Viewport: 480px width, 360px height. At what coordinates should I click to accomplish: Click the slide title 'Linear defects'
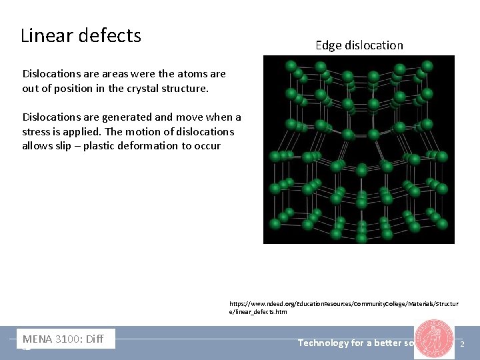click(x=81, y=35)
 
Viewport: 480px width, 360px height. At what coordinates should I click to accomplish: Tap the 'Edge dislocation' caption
click(x=359, y=45)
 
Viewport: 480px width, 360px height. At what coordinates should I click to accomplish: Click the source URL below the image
click(x=343, y=307)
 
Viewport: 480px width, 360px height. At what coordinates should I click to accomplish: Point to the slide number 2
click(x=463, y=343)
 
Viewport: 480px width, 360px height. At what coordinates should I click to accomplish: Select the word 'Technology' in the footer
click(x=323, y=343)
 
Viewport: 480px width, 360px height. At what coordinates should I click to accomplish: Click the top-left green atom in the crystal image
click(x=291, y=65)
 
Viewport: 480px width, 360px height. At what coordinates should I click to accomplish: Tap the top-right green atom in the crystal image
click(x=428, y=65)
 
